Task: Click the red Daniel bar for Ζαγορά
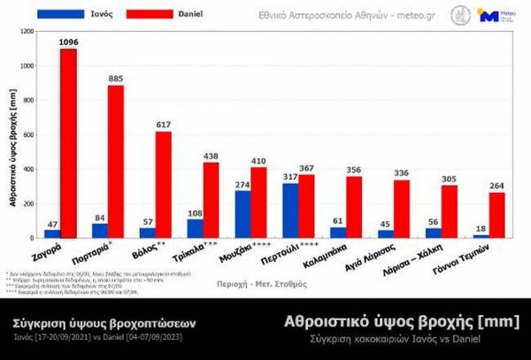[x=68, y=142]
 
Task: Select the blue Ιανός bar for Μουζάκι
[x=242, y=213]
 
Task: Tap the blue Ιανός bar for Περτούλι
[x=289, y=210]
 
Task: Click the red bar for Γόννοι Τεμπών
[x=496, y=214]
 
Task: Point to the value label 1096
[x=69, y=42]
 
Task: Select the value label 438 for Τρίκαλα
[x=211, y=156]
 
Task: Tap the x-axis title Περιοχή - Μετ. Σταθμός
[x=263, y=285]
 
